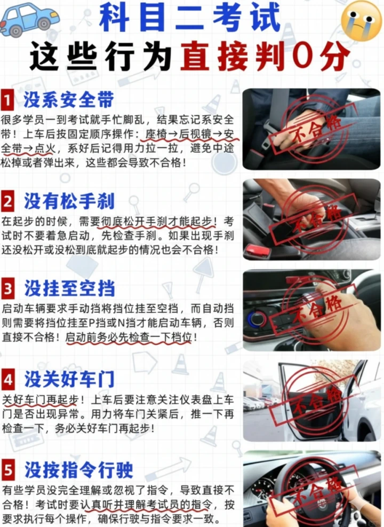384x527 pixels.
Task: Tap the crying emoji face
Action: [362, 21]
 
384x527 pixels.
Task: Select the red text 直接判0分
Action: [265, 56]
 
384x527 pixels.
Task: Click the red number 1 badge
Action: [7, 100]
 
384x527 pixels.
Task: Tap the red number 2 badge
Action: [7, 201]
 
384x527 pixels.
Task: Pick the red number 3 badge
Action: [8, 288]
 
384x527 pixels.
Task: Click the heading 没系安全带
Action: [69, 100]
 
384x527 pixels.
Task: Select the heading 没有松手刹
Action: [69, 201]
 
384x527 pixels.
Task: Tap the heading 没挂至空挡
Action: [69, 288]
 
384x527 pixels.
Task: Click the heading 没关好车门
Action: [69, 379]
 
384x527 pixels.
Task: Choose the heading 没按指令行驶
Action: [79, 470]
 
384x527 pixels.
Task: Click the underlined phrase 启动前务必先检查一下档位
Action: [129, 337]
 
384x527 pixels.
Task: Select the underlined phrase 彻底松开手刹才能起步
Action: [156, 222]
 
